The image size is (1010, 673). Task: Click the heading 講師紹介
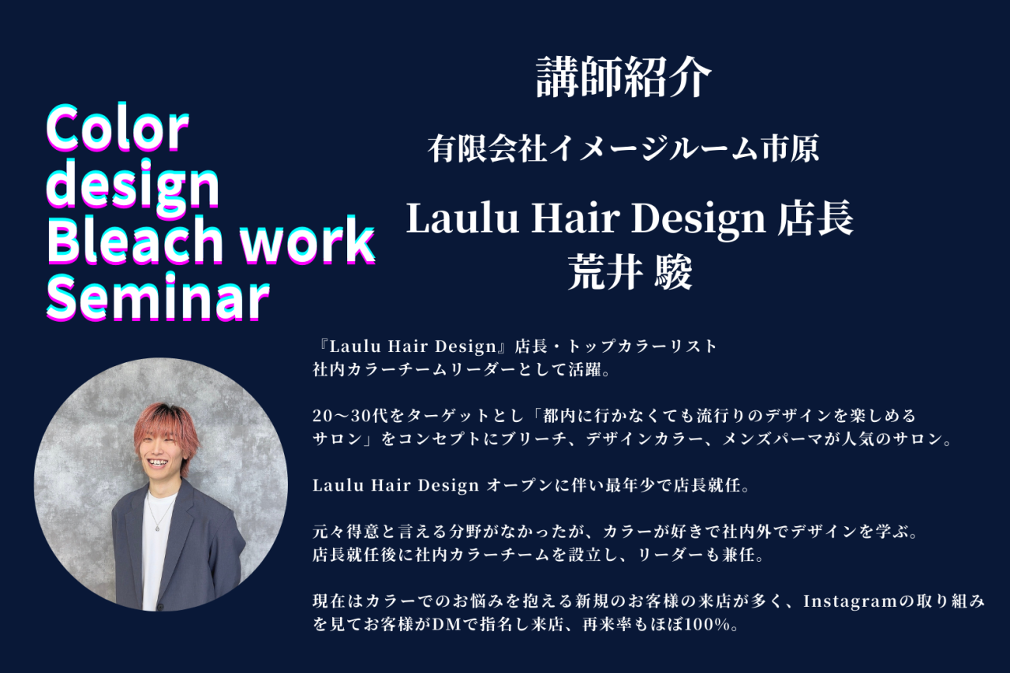click(624, 77)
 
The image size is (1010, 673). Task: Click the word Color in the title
click(118, 129)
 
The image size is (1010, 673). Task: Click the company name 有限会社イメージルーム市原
click(623, 149)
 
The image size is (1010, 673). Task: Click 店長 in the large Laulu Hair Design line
click(815, 219)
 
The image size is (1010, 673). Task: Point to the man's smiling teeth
click(159, 462)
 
